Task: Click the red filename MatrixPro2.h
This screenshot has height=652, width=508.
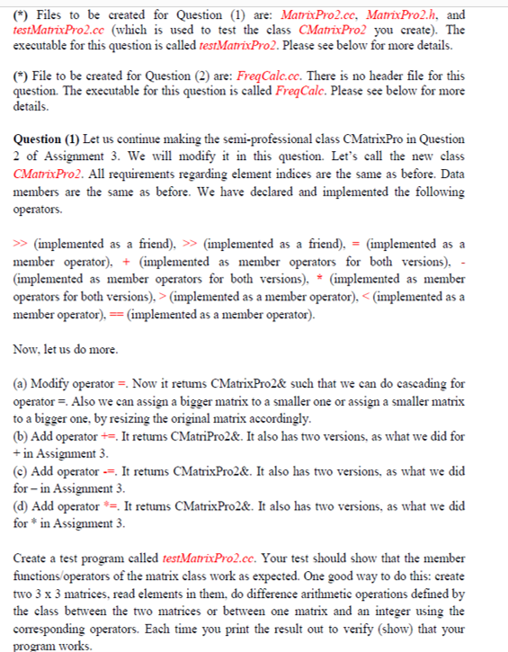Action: [404, 15]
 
